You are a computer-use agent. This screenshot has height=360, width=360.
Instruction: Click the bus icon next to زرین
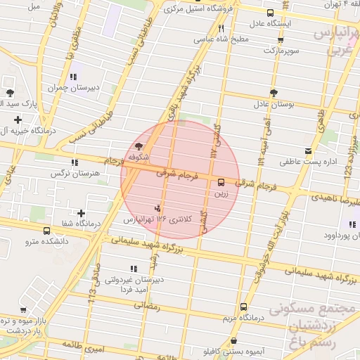coord(222,182)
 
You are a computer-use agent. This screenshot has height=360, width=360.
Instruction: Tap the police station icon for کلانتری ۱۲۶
coord(157,208)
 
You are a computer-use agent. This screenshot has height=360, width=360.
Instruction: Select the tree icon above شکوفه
coord(136,146)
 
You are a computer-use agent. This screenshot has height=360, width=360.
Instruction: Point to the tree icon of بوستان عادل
coord(273,92)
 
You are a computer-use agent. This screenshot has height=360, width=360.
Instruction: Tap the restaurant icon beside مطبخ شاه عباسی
coord(221,29)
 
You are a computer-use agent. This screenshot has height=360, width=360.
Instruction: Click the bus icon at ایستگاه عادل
coord(271,13)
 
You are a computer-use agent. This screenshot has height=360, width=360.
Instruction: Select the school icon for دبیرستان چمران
coord(73,77)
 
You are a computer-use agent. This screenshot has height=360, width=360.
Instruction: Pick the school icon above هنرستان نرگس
coord(75,162)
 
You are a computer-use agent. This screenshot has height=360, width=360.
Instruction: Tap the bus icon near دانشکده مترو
coord(46,231)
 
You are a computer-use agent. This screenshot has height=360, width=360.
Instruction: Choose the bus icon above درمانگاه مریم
coord(243,307)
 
